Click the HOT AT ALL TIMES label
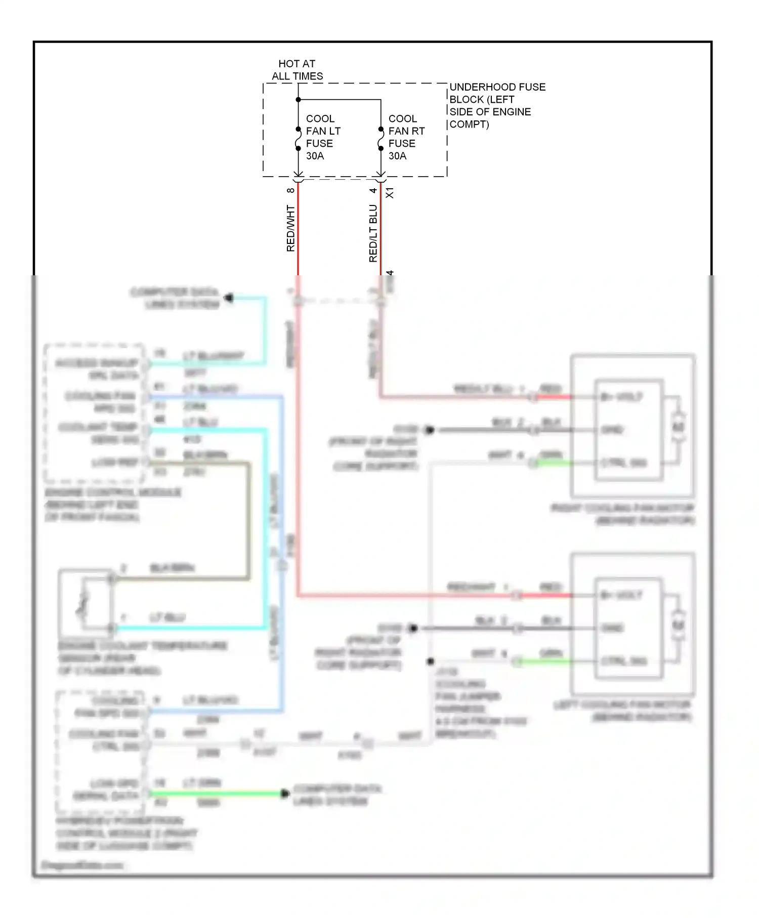point(297,70)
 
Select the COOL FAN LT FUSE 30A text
point(323,137)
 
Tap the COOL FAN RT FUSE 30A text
point(406,137)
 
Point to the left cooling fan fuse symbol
point(298,139)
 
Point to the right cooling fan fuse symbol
point(381,139)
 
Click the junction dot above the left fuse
point(298,100)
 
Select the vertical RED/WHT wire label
point(290,228)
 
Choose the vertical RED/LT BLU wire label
point(373,233)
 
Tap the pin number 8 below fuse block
point(290,191)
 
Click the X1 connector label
point(390,193)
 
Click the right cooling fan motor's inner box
point(628,429)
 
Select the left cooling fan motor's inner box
point(628,628)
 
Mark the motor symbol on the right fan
point(678,428)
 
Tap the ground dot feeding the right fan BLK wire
point(430,430)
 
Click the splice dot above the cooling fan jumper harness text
point(430,661)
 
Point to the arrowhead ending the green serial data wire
point(285,794)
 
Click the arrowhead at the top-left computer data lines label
point(229,298)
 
